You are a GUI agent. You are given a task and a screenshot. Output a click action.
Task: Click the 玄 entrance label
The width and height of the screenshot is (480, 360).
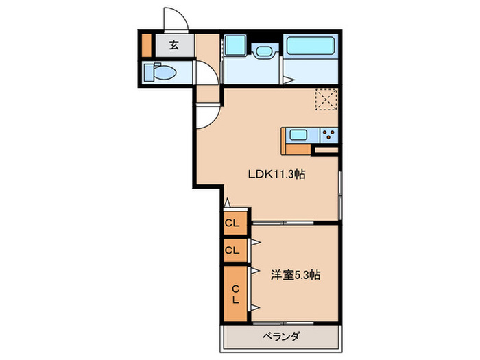pyautogui.click(x=173, y=46)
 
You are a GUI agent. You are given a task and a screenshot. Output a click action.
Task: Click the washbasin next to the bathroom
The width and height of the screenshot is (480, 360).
pyautogui.click(x=263, y=50)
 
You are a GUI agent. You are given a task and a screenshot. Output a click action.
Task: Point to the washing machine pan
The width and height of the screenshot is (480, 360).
pyautogui.click(x=235, y=45)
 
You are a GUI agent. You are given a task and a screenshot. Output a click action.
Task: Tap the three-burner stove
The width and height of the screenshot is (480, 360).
pyautogui.click(x=329, y=134)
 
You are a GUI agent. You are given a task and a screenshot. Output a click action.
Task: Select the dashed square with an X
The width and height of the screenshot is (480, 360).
pyautogui.click(x=326, y=101)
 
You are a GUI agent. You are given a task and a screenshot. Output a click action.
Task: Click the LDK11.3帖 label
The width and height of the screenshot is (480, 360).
pyautogui.click(x=276, y=174)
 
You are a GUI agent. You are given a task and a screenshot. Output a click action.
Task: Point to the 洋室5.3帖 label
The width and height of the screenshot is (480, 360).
pyautogui.click(x=295, y=275)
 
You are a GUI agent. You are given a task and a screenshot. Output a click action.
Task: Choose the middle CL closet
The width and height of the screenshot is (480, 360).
pyautogui.click(x=232, y=250)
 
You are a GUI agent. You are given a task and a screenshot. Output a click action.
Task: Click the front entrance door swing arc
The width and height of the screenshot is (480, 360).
pyautogui.click(x=176, y=19)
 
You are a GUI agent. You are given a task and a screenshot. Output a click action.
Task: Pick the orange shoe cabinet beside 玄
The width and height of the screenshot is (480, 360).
pyautogui.click(x=145, y=45)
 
